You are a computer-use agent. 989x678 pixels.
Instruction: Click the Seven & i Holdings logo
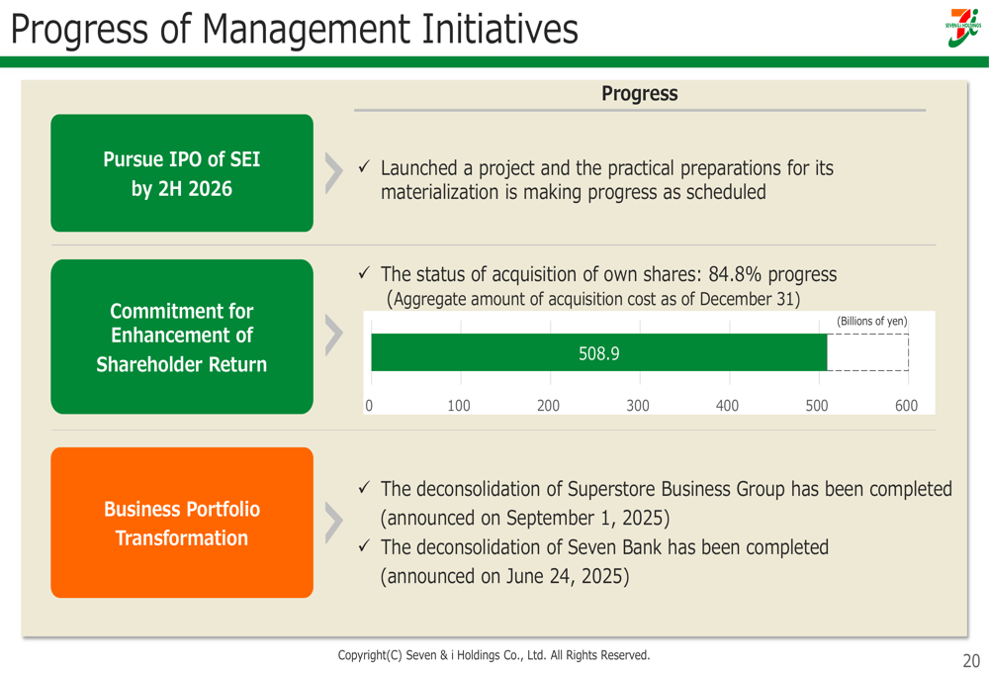pos(963,28)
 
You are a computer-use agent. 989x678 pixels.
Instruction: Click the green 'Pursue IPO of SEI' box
pos(182,173)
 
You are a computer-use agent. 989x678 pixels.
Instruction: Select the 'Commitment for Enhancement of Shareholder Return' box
pos(182,337)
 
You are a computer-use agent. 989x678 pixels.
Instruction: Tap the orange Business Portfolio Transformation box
pos(182,523)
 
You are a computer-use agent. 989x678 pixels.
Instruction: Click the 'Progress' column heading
pos(640,93)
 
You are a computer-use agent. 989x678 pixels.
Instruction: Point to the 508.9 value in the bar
pos(598,353)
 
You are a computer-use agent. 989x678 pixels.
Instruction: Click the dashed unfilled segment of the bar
pos(868,352)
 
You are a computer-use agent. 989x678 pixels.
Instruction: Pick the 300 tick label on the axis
pos(638,405)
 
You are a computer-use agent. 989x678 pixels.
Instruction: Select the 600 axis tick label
pos(906,405)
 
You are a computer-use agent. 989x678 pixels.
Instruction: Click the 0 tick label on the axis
pos(369,405)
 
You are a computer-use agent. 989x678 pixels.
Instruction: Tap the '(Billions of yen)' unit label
pos(871,321)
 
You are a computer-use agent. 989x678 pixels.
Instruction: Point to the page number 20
pos(971,661)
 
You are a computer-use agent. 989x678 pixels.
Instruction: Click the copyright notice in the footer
pos(494,655)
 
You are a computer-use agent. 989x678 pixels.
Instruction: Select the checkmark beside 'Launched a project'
pos(364,166)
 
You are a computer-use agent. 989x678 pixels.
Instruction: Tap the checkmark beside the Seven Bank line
pos(364,545)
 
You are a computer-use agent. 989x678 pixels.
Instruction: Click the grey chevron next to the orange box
pos(333,523)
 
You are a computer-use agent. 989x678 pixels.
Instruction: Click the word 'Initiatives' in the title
pos(498,29)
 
